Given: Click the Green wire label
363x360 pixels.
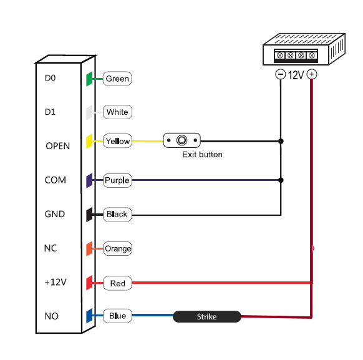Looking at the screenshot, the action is click(117, 79).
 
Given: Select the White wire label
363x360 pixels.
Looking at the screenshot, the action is click(117, 112).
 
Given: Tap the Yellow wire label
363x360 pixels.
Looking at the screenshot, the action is click(117, 141).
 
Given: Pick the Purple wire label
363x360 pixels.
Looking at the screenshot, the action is click(117, 180).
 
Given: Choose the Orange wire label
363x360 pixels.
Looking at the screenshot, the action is click(117, 249).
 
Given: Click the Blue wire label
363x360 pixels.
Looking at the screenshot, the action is click(117, 316).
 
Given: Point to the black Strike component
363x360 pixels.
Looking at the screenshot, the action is click(207, 316).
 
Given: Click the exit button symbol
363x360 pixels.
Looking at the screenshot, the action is click(181, 140).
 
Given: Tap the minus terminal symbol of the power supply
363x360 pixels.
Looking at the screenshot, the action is click(280, 74).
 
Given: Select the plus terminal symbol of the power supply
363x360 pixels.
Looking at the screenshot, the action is click(312, 74).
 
